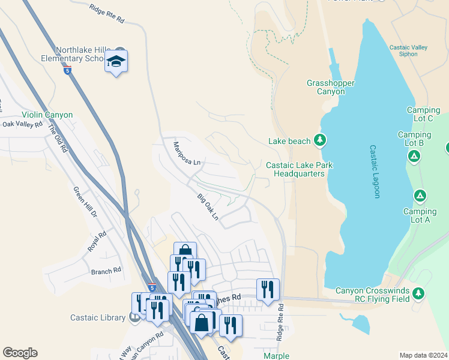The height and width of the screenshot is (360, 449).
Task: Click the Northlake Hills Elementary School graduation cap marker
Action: click(x=116, y=61)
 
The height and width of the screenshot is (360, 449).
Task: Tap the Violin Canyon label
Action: click(x=47, y=115)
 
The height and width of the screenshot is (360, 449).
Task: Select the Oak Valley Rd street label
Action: click(x=22, y=125)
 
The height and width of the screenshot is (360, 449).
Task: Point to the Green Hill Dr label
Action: click(x=85, y=202)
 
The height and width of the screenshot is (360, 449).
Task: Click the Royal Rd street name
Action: click(x=98, y=241)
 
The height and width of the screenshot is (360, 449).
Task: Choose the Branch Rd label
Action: click(x=106, y=271)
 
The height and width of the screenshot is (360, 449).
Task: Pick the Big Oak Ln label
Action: click(x=208, y=206)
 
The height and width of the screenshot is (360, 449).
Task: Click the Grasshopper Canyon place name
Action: click(x=331, y=87)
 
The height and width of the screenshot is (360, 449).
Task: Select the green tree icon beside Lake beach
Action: click(x=321, y=141)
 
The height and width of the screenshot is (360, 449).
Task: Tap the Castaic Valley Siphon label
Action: click(x=408, y=50)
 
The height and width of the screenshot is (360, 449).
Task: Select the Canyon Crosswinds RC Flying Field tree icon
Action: click(x=418, y=293)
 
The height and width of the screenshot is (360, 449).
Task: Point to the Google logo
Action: click(x=20, y=353)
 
